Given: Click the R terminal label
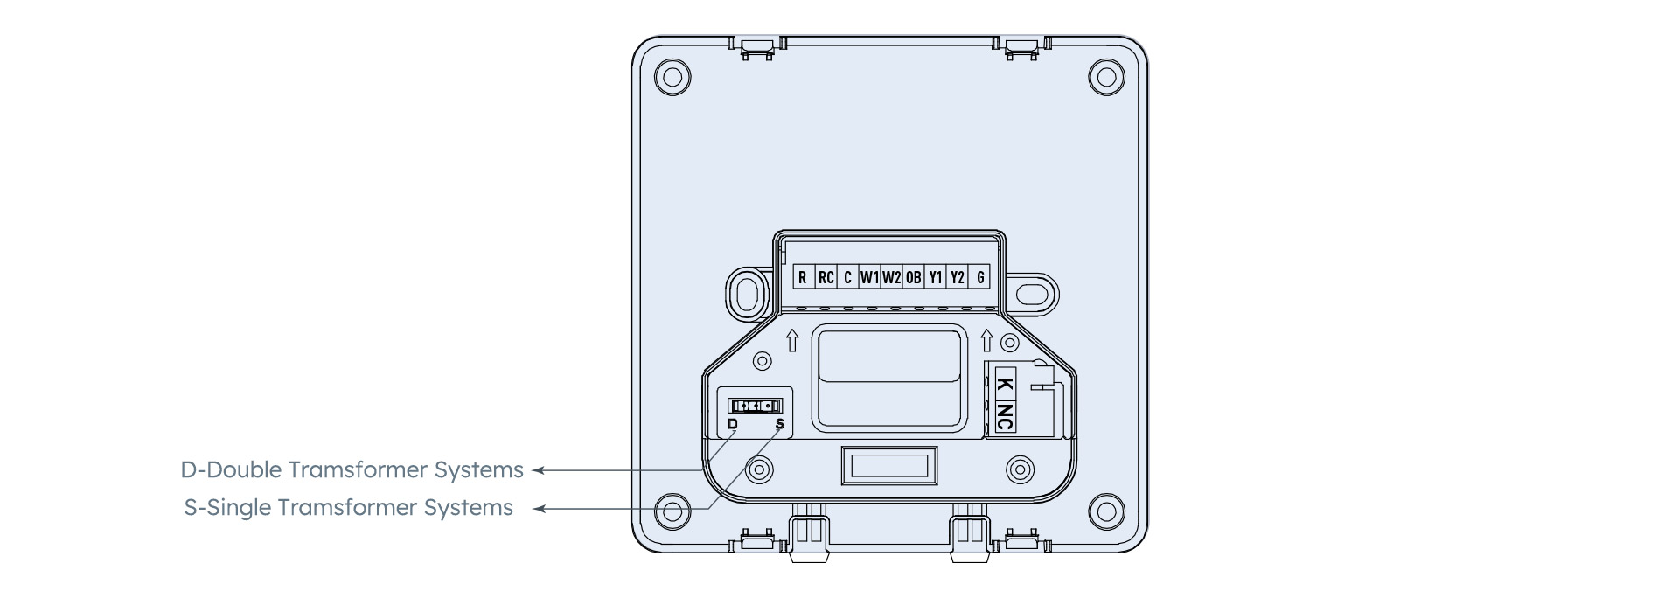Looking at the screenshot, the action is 802,278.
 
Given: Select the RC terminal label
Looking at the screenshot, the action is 826,278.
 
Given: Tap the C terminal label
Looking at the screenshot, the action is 847,278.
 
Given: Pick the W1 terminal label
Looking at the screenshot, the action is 869,278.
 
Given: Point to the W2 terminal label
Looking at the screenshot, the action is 891,278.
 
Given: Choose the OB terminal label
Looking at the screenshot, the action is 913,278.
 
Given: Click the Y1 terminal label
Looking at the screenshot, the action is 936,278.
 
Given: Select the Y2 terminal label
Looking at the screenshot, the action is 958,278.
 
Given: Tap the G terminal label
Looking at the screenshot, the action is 980,278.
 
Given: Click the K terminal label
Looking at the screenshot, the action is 1005,382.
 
